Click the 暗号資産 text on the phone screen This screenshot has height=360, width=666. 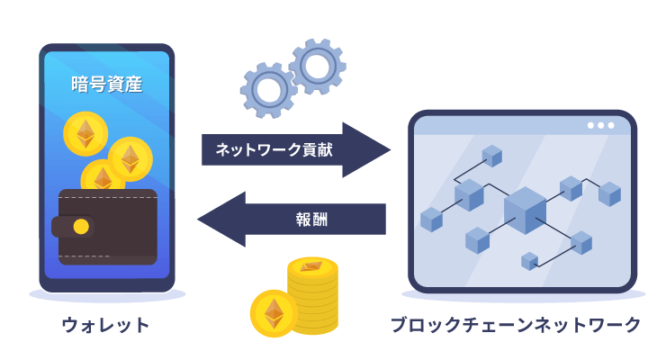click(x=106, y=85)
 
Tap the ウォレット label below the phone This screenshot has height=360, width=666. click(x=105, y=325)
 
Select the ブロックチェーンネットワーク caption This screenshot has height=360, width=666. click(x=516, y=325)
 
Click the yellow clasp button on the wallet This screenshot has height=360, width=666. click(x=81, y=226)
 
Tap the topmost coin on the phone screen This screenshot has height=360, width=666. click(x=85, y=136)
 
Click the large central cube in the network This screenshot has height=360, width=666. click(x=525, y=210)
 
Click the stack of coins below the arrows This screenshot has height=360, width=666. click(x=312, y=292)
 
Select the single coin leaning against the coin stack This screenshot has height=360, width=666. click(x=273, y=312)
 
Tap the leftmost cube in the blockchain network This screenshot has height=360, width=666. click(x=432, y=219)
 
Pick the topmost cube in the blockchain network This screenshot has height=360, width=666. click(x=491, y=156)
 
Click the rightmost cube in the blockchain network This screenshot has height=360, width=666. click(x=610, y=193)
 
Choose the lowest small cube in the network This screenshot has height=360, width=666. click(x=530, y=261)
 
